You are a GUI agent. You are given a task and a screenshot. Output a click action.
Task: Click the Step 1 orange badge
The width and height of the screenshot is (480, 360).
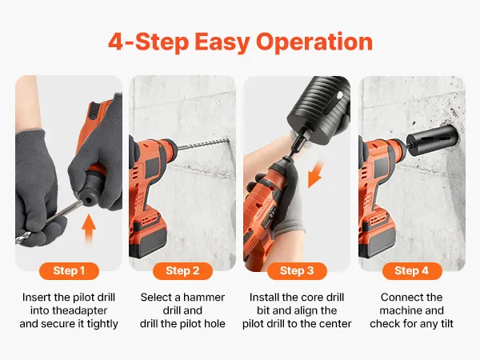tap(69, 271)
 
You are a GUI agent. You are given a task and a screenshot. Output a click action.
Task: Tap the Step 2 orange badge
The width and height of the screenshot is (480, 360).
tap(182, 271)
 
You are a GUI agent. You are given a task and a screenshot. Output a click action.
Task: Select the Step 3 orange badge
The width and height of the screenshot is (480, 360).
tap(297, 271)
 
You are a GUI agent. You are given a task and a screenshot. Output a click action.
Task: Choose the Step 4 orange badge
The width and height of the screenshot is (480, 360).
tap(412, 271)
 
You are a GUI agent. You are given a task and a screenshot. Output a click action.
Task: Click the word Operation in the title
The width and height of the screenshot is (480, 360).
tap(314, 42)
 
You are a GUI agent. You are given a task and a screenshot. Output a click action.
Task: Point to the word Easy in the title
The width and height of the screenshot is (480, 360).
tap(222, 42)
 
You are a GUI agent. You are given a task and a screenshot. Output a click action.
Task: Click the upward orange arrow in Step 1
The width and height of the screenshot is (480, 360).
tap(89, 229)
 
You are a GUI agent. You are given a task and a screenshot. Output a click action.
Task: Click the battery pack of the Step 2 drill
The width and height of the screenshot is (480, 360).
tap(149, 234)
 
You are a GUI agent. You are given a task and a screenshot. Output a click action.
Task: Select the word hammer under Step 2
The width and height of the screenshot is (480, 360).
tap(204, 298)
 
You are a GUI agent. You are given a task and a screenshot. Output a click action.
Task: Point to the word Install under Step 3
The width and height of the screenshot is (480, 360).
tap(265, 298)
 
